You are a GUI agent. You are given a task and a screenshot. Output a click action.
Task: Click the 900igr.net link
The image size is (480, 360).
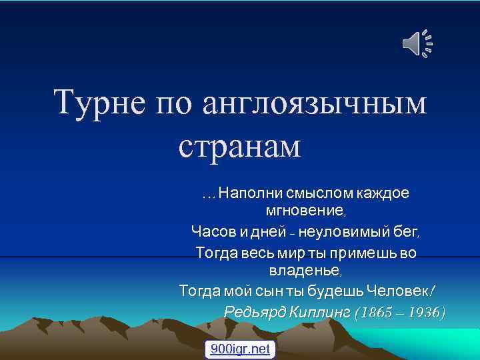240,349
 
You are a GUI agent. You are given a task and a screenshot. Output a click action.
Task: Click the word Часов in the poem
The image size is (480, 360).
209,233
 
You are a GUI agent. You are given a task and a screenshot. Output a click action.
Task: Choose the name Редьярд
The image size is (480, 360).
255,312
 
